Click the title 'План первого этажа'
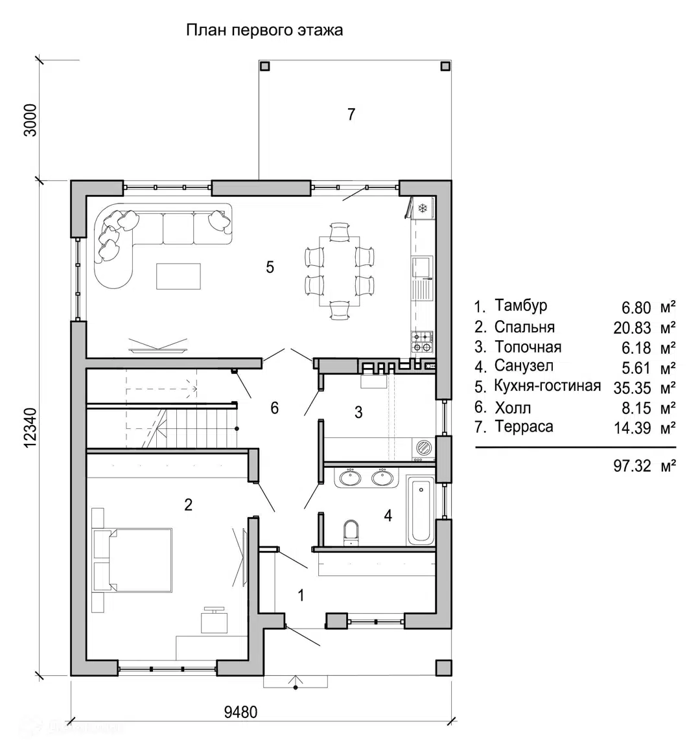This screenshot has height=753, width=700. point(264,30)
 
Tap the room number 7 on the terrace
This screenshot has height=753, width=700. point(351,114)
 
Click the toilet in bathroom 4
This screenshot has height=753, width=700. point(351,532)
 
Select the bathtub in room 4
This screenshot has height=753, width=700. point(421,511)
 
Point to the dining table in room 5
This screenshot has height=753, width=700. point(340,271)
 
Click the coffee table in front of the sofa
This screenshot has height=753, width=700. point(178,276)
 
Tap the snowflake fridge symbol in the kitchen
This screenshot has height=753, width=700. point(423,208)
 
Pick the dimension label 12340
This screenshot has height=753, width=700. point(30,428)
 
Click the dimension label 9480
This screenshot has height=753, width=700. point(240,712)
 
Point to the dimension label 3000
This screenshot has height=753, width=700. point(30,121)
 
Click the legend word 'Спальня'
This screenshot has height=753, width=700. point(524,327)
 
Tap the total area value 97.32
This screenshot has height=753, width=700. point(633,466)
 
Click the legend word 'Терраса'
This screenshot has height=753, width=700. point(524,427)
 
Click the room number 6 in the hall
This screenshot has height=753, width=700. point(274,408)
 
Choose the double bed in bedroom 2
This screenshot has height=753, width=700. point(133,560)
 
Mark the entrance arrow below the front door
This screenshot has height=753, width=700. point(296,681)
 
